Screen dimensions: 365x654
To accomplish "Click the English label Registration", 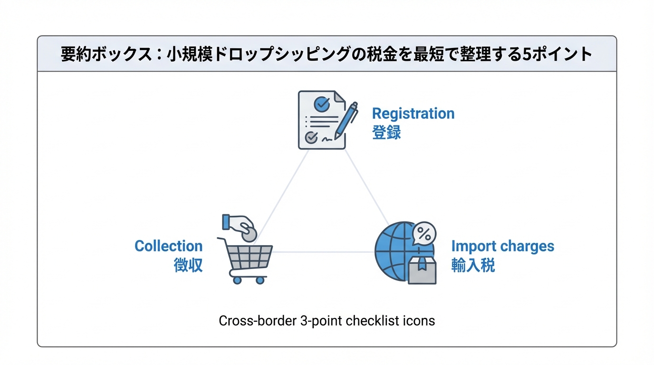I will (413, 114).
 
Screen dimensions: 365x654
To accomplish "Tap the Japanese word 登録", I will (386, 132).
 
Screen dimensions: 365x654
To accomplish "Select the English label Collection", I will (168, 246).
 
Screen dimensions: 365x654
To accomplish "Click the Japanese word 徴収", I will (188, 265).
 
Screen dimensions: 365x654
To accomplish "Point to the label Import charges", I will (502, 246).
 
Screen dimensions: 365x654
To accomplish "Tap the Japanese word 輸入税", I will (473, 265).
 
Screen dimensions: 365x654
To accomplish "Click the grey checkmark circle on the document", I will (311, 137).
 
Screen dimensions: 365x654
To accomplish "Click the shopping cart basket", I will (250, 257).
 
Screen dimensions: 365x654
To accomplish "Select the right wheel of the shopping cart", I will (260, 280).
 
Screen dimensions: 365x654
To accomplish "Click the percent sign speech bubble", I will (424, 233).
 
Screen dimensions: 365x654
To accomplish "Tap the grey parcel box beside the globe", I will (422, 271).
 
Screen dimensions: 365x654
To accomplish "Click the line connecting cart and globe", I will (323, 252).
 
